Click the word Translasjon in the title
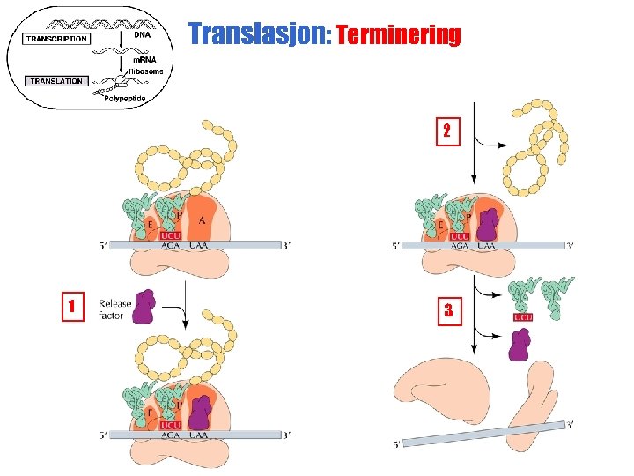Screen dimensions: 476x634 tap(256, 34)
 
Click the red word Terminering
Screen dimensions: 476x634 tap(398, 35)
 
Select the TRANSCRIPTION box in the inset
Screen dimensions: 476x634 tap(56, 39)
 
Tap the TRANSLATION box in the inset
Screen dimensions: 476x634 tap(55, 81)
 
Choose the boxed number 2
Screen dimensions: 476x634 tap(446, 131)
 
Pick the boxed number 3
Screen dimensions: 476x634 tap(448, 309)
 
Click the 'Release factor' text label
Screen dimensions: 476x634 tap(114, 309)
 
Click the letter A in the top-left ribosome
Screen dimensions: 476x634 tap(203, 220)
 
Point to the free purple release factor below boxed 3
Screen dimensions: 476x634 tap(520, 345)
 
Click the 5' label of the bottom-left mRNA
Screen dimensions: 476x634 tap(104, 434)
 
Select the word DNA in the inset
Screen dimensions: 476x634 tap(142, 35)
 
